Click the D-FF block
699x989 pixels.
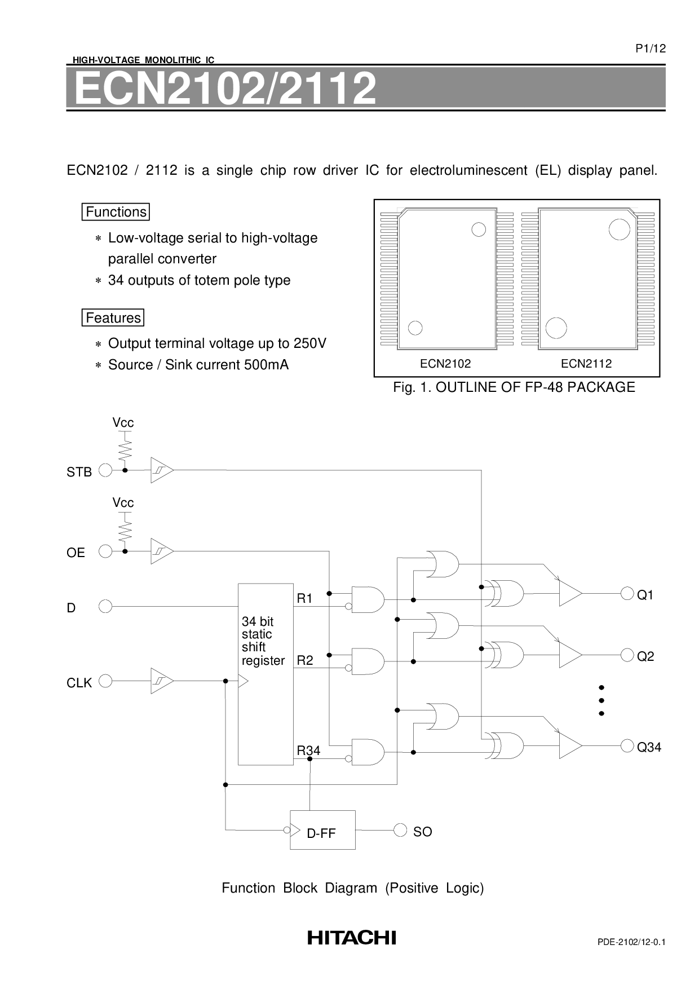coord(322,829)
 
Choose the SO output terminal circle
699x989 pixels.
coord(400,830)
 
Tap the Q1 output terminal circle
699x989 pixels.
coord(627,593)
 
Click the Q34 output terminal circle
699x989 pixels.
coord(627,745)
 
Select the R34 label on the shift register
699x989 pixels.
coord(308,750)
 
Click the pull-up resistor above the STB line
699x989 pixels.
coord(125,449)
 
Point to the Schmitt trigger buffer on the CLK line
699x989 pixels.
coord(162,681)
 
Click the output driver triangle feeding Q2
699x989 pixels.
coord(570,655)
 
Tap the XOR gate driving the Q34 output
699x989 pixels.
coord(506,745)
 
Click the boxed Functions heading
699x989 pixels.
coord(116,212)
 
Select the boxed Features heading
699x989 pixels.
coord(113,318)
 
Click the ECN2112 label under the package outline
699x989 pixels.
coord(586,364)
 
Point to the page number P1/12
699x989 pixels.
coord(651,48)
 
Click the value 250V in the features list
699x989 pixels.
coord(311,343)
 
